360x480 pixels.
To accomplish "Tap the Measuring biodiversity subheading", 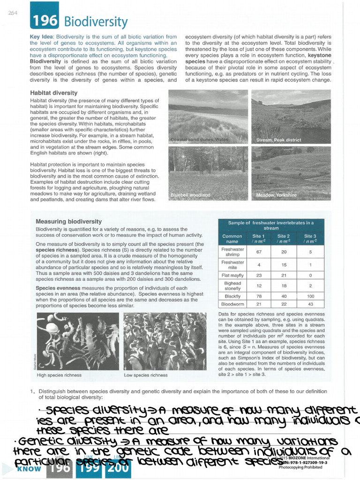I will [68, 221].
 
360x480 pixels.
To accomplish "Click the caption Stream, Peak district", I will [278, 140].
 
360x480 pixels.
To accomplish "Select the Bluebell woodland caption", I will [190, 195].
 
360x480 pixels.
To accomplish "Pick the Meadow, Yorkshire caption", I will [276, 195].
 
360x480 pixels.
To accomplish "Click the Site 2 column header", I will [284, 239].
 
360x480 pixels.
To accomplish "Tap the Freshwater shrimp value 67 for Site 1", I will [258, 252].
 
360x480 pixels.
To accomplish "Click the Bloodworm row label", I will [232, 304].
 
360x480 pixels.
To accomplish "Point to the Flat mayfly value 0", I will [309, 275].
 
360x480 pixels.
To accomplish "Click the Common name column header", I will [232, 239].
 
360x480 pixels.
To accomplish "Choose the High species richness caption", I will [59, 375].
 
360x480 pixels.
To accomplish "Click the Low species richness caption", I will [145, 375].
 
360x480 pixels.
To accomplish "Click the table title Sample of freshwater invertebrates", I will [271, 225].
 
